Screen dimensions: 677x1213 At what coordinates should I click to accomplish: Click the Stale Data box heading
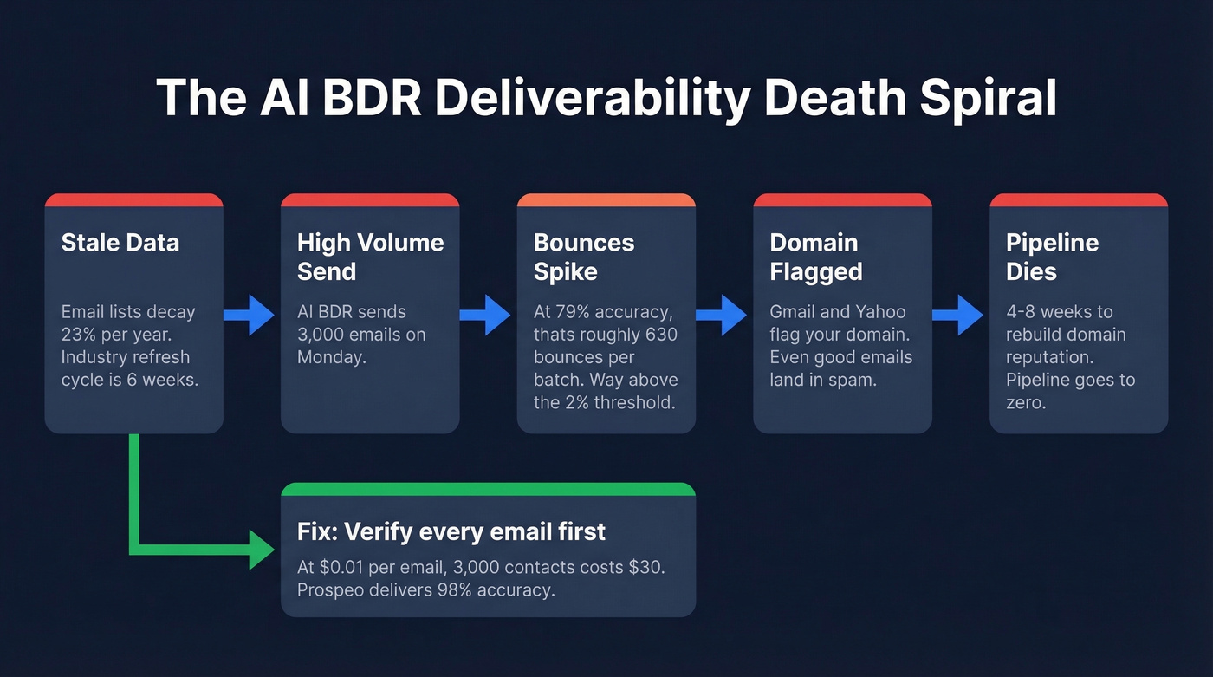click(x=120, y=242)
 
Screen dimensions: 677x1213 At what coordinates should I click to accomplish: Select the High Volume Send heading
click(x=370, y=257)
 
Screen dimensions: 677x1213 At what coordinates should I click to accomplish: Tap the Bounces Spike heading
click(x=584, y=257)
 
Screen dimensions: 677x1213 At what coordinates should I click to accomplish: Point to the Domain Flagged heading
click(x=815, y=257)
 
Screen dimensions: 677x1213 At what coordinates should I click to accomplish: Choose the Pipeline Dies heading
click(x=1052, y=257)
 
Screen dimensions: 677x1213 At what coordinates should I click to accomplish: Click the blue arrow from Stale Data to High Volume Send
click(x=250, y=314)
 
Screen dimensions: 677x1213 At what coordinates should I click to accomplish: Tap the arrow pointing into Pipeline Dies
click(x=959, y=314)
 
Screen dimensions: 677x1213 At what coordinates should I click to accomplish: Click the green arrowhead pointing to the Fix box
click(x=262, y=549)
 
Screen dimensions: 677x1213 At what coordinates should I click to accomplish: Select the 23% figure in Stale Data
click(x=79, y=334)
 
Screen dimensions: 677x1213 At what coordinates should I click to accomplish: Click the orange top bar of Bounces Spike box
click(x=606, y=200)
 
